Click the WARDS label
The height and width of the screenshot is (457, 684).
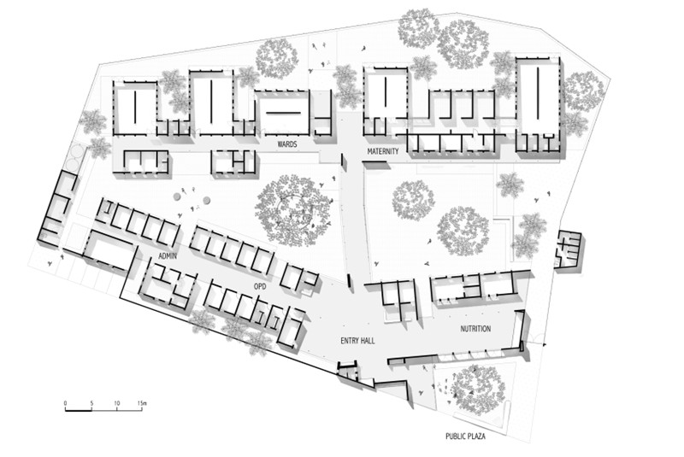point(287,145)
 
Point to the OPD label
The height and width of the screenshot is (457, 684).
point(260,286)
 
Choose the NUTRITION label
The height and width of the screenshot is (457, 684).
point(475,328)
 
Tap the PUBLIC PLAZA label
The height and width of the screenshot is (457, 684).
point(469,436)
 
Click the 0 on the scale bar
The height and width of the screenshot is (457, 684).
point(66,401)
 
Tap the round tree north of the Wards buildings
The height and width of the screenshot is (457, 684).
point(277,56)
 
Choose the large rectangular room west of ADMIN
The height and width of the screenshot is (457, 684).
point(109,254)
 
